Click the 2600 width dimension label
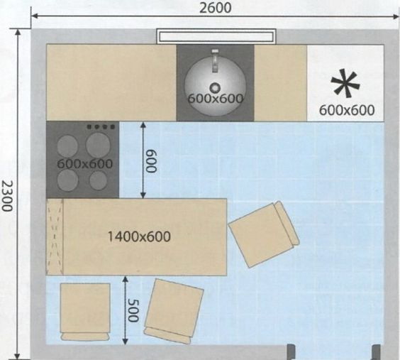pos(215,7)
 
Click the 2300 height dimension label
pos(7,196)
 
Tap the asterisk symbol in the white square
pos(345,84)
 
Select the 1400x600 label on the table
pos(139,236)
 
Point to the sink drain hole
pos(215,88)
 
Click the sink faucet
pos(215,60)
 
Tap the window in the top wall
pos(216,36)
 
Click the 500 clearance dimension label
pos(133,310)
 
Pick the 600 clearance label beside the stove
pos(152,161)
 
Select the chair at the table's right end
pos(264,234)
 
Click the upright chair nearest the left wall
pos(85,312)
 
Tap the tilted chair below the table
pos(174,311)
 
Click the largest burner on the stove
pos(98,145)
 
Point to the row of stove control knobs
pos(101,126)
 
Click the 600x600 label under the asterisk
pos(347,110)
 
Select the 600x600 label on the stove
pos(84,163)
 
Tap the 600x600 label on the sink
pos(216,98)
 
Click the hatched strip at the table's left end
pos(55,237)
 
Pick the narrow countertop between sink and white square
pos(281,83)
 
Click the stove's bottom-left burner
pos(67,180)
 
